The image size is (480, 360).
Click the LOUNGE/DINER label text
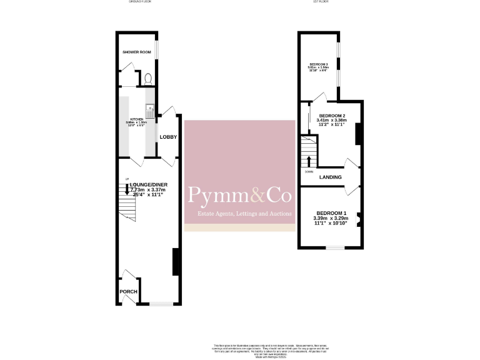(x=149, y=185)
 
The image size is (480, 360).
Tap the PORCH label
(x=128, y=292)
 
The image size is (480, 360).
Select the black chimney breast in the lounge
(x=176, y=261)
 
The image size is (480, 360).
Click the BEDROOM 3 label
(x=318, y=64)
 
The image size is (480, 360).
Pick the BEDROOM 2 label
(x=332, y=116)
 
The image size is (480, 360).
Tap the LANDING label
(x=330, y=177)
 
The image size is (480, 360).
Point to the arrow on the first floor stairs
(x=308, y=161)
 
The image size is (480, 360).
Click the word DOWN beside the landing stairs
(x=309, y=171)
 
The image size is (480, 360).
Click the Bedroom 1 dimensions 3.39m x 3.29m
(x=329, y=218)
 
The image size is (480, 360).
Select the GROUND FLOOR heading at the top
(x=140, y=2)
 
